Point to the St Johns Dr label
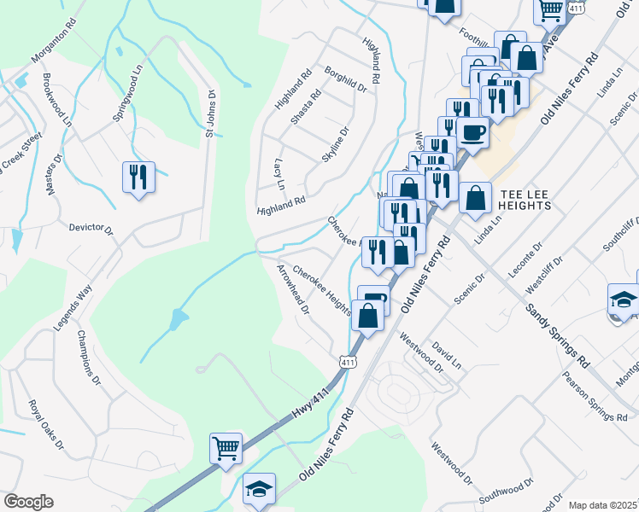pos(209,112)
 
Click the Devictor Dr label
pos(91,228)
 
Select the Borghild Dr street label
pos(345,79)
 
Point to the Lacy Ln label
pos(278,172)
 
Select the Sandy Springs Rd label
pos(557,335)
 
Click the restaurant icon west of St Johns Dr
pos(138,177)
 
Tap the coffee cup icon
pos(472,132)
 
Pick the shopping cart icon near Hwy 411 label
pos(226,447)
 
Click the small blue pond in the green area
pos(177,321)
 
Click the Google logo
pos(28,502)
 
